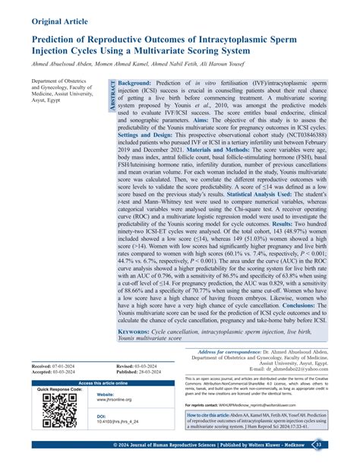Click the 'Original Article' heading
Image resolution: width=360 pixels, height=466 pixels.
click(x=62, y=14)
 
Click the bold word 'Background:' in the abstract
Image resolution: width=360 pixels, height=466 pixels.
click(x=139, y=82)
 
